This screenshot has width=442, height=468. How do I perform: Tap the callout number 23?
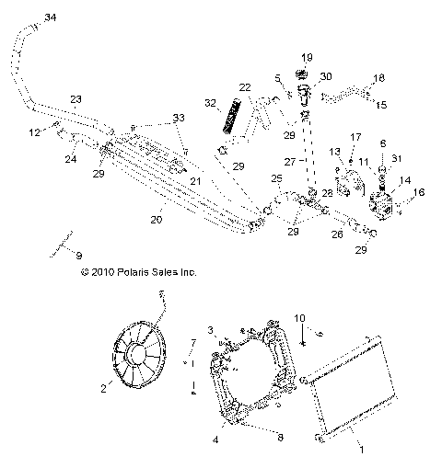(x=76, y=98)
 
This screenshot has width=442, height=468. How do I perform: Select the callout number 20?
(x=157, y=220)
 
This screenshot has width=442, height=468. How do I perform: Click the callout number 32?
(x=211, y=102)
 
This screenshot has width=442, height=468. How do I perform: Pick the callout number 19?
(x=307, y=56)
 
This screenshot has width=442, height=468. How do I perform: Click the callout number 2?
(x=104, y=390)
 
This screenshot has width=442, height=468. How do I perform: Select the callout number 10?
(x=298, y=318)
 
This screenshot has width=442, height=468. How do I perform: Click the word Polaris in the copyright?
(x=134, y=272)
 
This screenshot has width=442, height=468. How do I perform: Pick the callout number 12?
(x=34, y=132)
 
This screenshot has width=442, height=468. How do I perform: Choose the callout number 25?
(x=276, y=177)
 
